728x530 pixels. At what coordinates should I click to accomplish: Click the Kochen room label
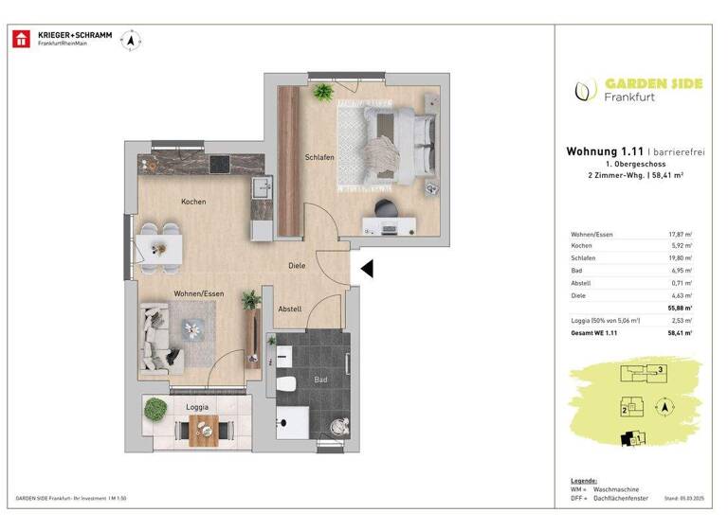[193, 202]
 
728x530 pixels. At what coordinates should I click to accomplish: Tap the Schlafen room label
[319, 157]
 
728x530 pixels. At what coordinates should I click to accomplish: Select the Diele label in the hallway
[297, 266]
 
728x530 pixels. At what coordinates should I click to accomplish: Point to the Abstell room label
[290, 309]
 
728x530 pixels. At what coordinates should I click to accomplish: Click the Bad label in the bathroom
[320, 380]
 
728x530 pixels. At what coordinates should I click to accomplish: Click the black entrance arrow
[367, 270]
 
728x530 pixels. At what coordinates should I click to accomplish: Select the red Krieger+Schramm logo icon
[20, 39]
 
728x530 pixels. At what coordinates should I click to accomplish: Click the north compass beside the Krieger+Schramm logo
[135, 39]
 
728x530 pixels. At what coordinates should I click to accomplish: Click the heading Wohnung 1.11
[605, 150]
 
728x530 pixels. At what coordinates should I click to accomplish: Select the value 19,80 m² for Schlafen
[680, 257]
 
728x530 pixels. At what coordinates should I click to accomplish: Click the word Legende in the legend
[584, 480]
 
